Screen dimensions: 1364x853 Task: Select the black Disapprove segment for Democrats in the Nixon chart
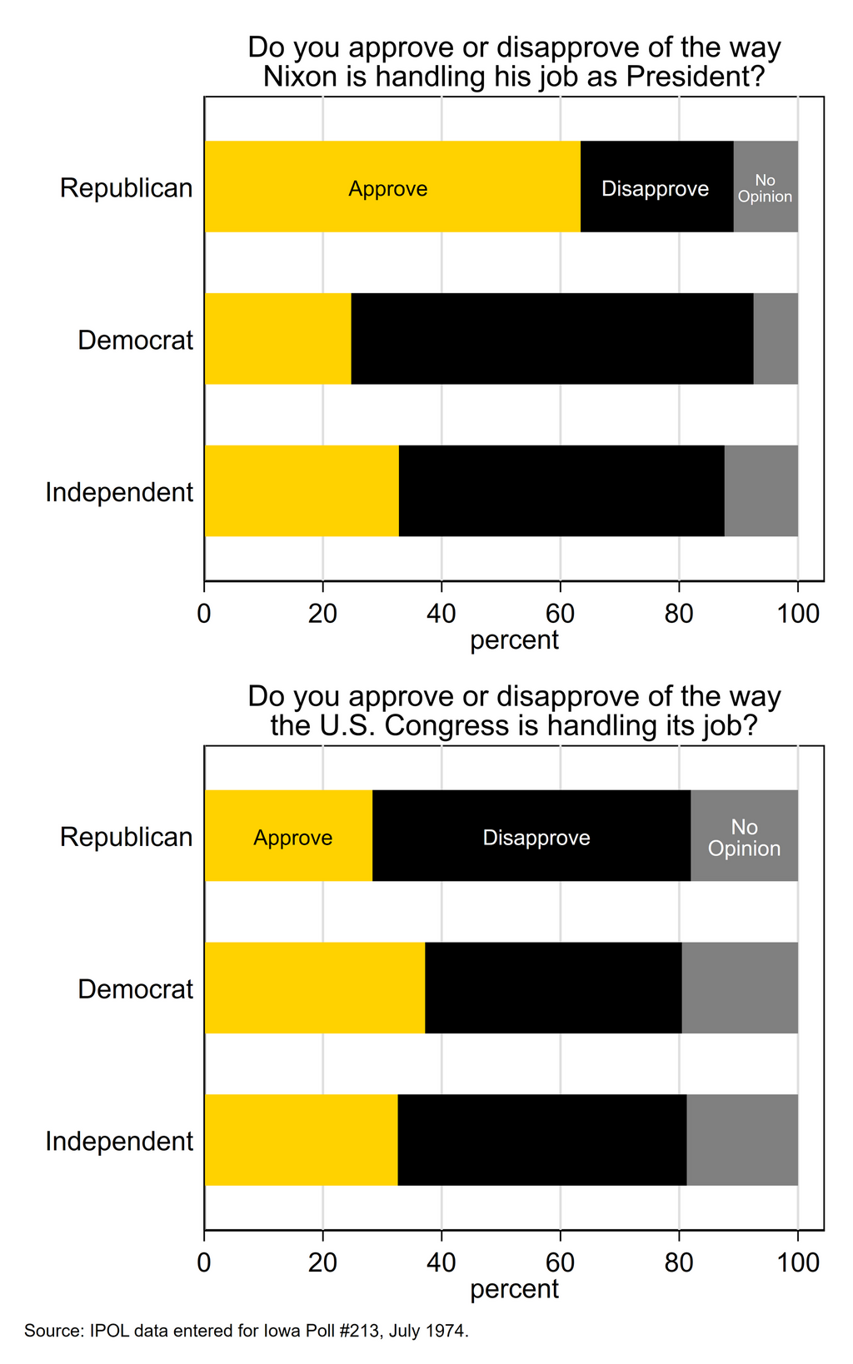(x=551, y=339)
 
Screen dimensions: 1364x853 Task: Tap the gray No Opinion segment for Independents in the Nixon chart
(x=761, y=491)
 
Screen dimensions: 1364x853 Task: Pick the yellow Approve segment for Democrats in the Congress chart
(x=314, y=988)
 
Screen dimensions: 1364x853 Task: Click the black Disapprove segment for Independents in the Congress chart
(x=541, y=1140)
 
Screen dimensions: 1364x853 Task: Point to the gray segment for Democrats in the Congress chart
(x=740, y=988)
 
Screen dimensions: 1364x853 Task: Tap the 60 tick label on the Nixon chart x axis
(x=560, y=614)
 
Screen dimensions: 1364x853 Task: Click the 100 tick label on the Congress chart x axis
(x=797, y=1262)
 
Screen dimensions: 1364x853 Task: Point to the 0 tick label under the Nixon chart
(x=204, y=614)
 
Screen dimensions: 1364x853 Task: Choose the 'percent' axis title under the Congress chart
(x=514, y=1289)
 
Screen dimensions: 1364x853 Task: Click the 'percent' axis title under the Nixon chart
(x=514, y=640)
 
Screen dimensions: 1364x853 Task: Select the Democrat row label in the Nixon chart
(x=135, y=340)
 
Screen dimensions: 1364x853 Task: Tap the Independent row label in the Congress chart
(x=119, y=1141)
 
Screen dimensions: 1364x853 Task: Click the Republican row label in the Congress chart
(x=126, y=837)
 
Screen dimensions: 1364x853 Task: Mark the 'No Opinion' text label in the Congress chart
(x=744, y=838)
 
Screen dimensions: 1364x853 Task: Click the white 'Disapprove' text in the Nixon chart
(x=655, y=189)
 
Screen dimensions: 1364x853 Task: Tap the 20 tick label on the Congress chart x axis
(x=322, y=1262)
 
